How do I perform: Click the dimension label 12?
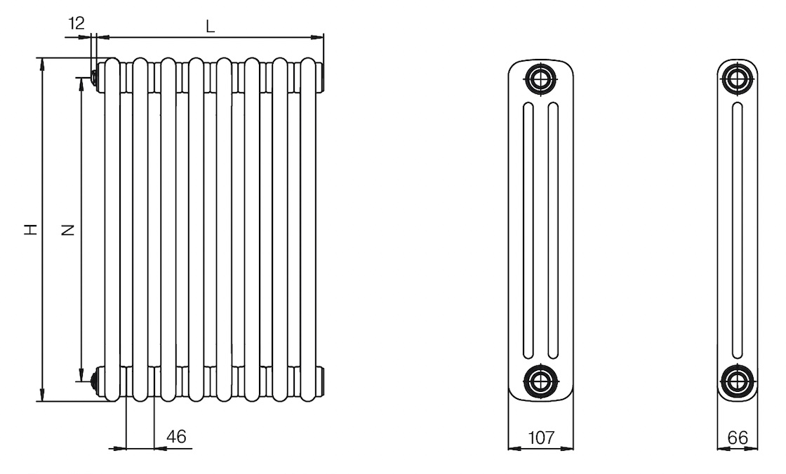(x=76, y=23)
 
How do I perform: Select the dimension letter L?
(x=211, y=27)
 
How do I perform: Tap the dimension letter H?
(x=32, y=229)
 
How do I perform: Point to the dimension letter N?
(x=67, y=230)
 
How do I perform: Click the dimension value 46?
(x=176, y=436)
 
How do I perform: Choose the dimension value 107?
(x=541, y=438)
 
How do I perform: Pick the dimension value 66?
(x=738, y=438)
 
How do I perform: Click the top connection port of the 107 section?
(x=540, y=79)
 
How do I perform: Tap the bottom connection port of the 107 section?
(x=540, y=381)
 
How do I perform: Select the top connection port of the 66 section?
(x=738, y=79)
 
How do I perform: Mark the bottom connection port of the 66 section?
(x=738, y=381)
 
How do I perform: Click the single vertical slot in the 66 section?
(x=738, y=230)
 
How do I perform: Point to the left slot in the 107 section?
(x=528, y=230)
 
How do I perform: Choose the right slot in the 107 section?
(x=554, y=230)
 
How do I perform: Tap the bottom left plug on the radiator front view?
(x=94, y=381)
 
